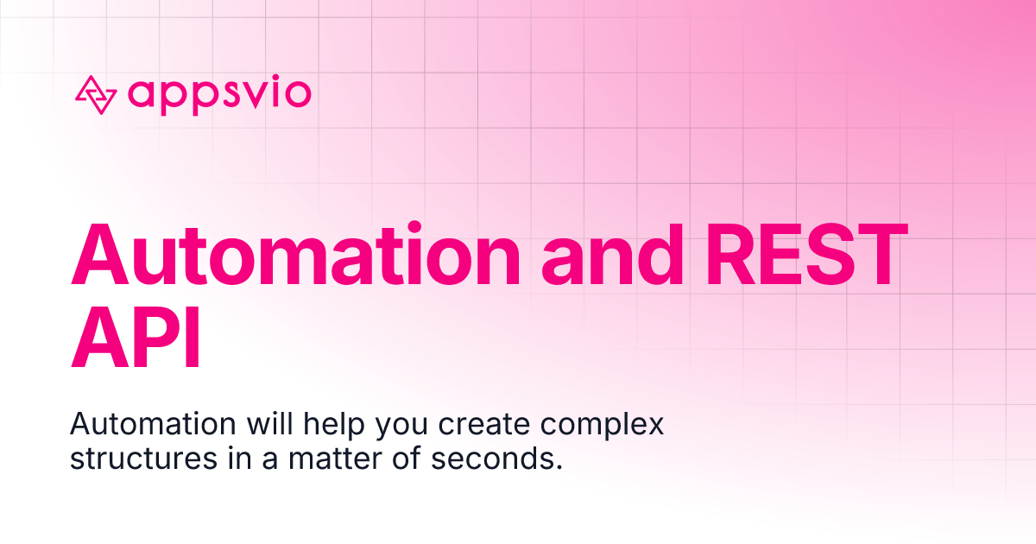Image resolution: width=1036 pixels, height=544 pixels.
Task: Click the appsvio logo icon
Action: pos(95,94)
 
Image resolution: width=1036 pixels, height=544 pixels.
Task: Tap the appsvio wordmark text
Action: pos(218,93)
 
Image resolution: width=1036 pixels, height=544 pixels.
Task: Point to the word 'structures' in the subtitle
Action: pos(143,459)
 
